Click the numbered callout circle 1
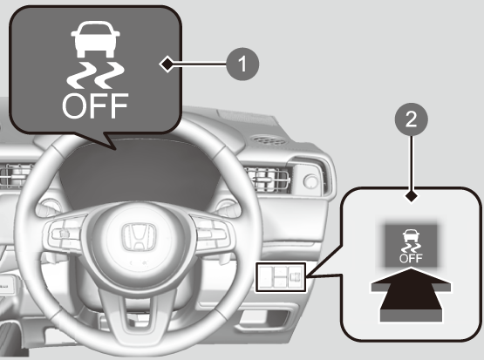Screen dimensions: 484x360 click(x=242, y=65)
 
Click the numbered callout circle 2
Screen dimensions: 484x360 click(x=411, y=119)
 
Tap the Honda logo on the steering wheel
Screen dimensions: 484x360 click(x=139, y=236)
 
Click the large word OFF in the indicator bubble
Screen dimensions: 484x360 click(x=95, y=105)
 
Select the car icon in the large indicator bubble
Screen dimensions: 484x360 click(x=95, y=39)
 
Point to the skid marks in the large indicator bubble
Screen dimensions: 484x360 click(x=95, y=75)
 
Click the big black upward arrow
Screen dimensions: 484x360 click(x=411, y=295)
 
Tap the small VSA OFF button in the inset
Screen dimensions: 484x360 click(x=411, y=246)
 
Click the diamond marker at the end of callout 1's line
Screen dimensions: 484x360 click(x=167, y=65)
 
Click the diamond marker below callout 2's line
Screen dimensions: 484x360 click(x=411, y=196)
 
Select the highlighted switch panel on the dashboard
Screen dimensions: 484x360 click(x=280, y=277)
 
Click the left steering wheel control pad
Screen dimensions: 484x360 click(x=65, y=232)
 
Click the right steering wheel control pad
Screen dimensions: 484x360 click(x=213, y=232)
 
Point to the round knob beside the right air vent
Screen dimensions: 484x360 click(x=310, y=180)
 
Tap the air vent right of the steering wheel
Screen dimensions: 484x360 click(x=268, y=180)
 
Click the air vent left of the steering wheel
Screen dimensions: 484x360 click(x=16, y=176)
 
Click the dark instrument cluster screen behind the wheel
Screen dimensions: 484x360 click(x=139, y=173)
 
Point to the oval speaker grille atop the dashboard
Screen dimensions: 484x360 click(x=269, y=140)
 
